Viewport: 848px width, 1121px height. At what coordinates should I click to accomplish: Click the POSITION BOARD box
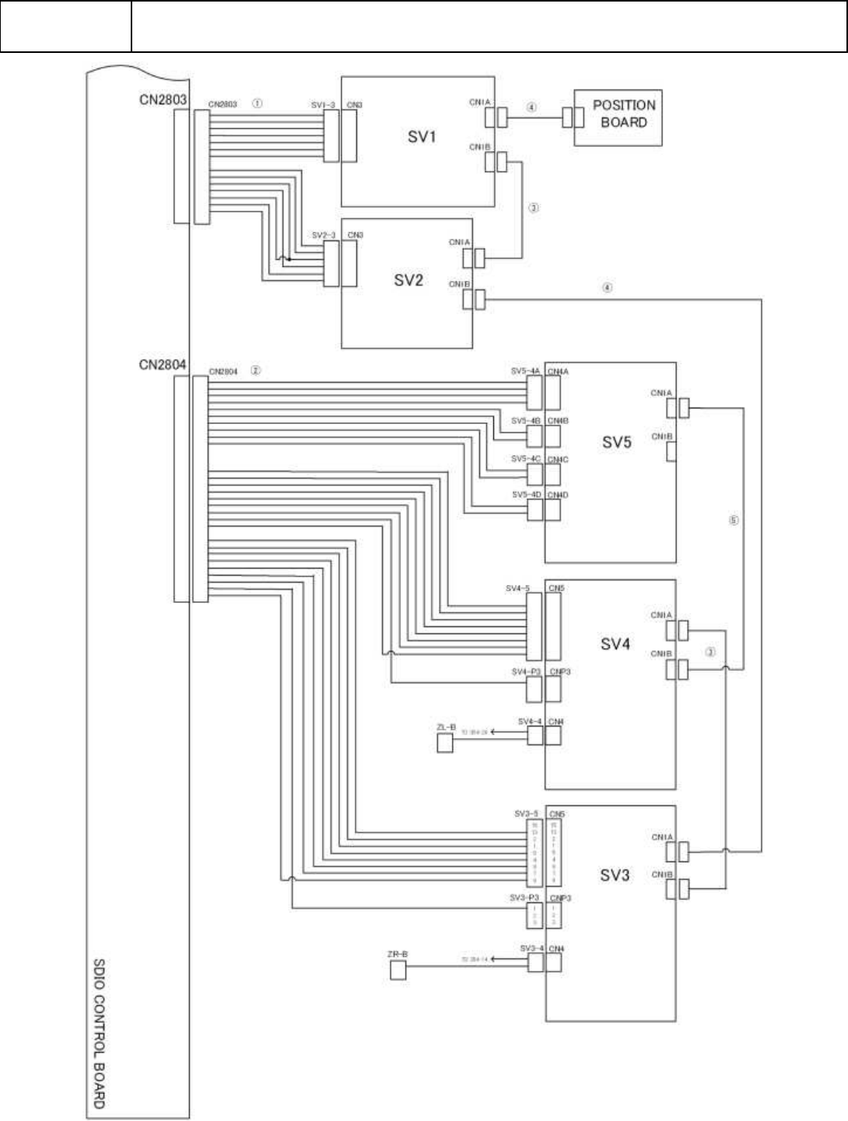click(x=618, y=117)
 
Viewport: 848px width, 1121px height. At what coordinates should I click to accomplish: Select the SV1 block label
click(x=422, y=138)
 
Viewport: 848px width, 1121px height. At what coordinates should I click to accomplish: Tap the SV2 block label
click(x=408, y=280)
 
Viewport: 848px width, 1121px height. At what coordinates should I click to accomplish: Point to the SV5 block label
click(x=617, y=443)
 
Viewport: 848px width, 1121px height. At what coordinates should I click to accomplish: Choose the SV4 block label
click(x=615, y=644)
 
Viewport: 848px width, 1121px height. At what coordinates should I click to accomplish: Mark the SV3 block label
click(x=614, y=875)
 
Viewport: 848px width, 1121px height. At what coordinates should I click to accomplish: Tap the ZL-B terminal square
click(x=445, y=743)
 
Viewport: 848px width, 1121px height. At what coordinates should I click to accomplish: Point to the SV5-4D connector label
click(x=525, y=496)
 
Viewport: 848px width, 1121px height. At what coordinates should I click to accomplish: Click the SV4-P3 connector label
click(x=526, y=672)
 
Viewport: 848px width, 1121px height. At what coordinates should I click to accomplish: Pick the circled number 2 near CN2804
click(x=256, y=371)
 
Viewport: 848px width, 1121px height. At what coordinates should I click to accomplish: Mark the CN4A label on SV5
click(x=558, y=372)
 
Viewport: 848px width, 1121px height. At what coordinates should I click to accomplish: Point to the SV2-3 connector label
click(x=323, y=235)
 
